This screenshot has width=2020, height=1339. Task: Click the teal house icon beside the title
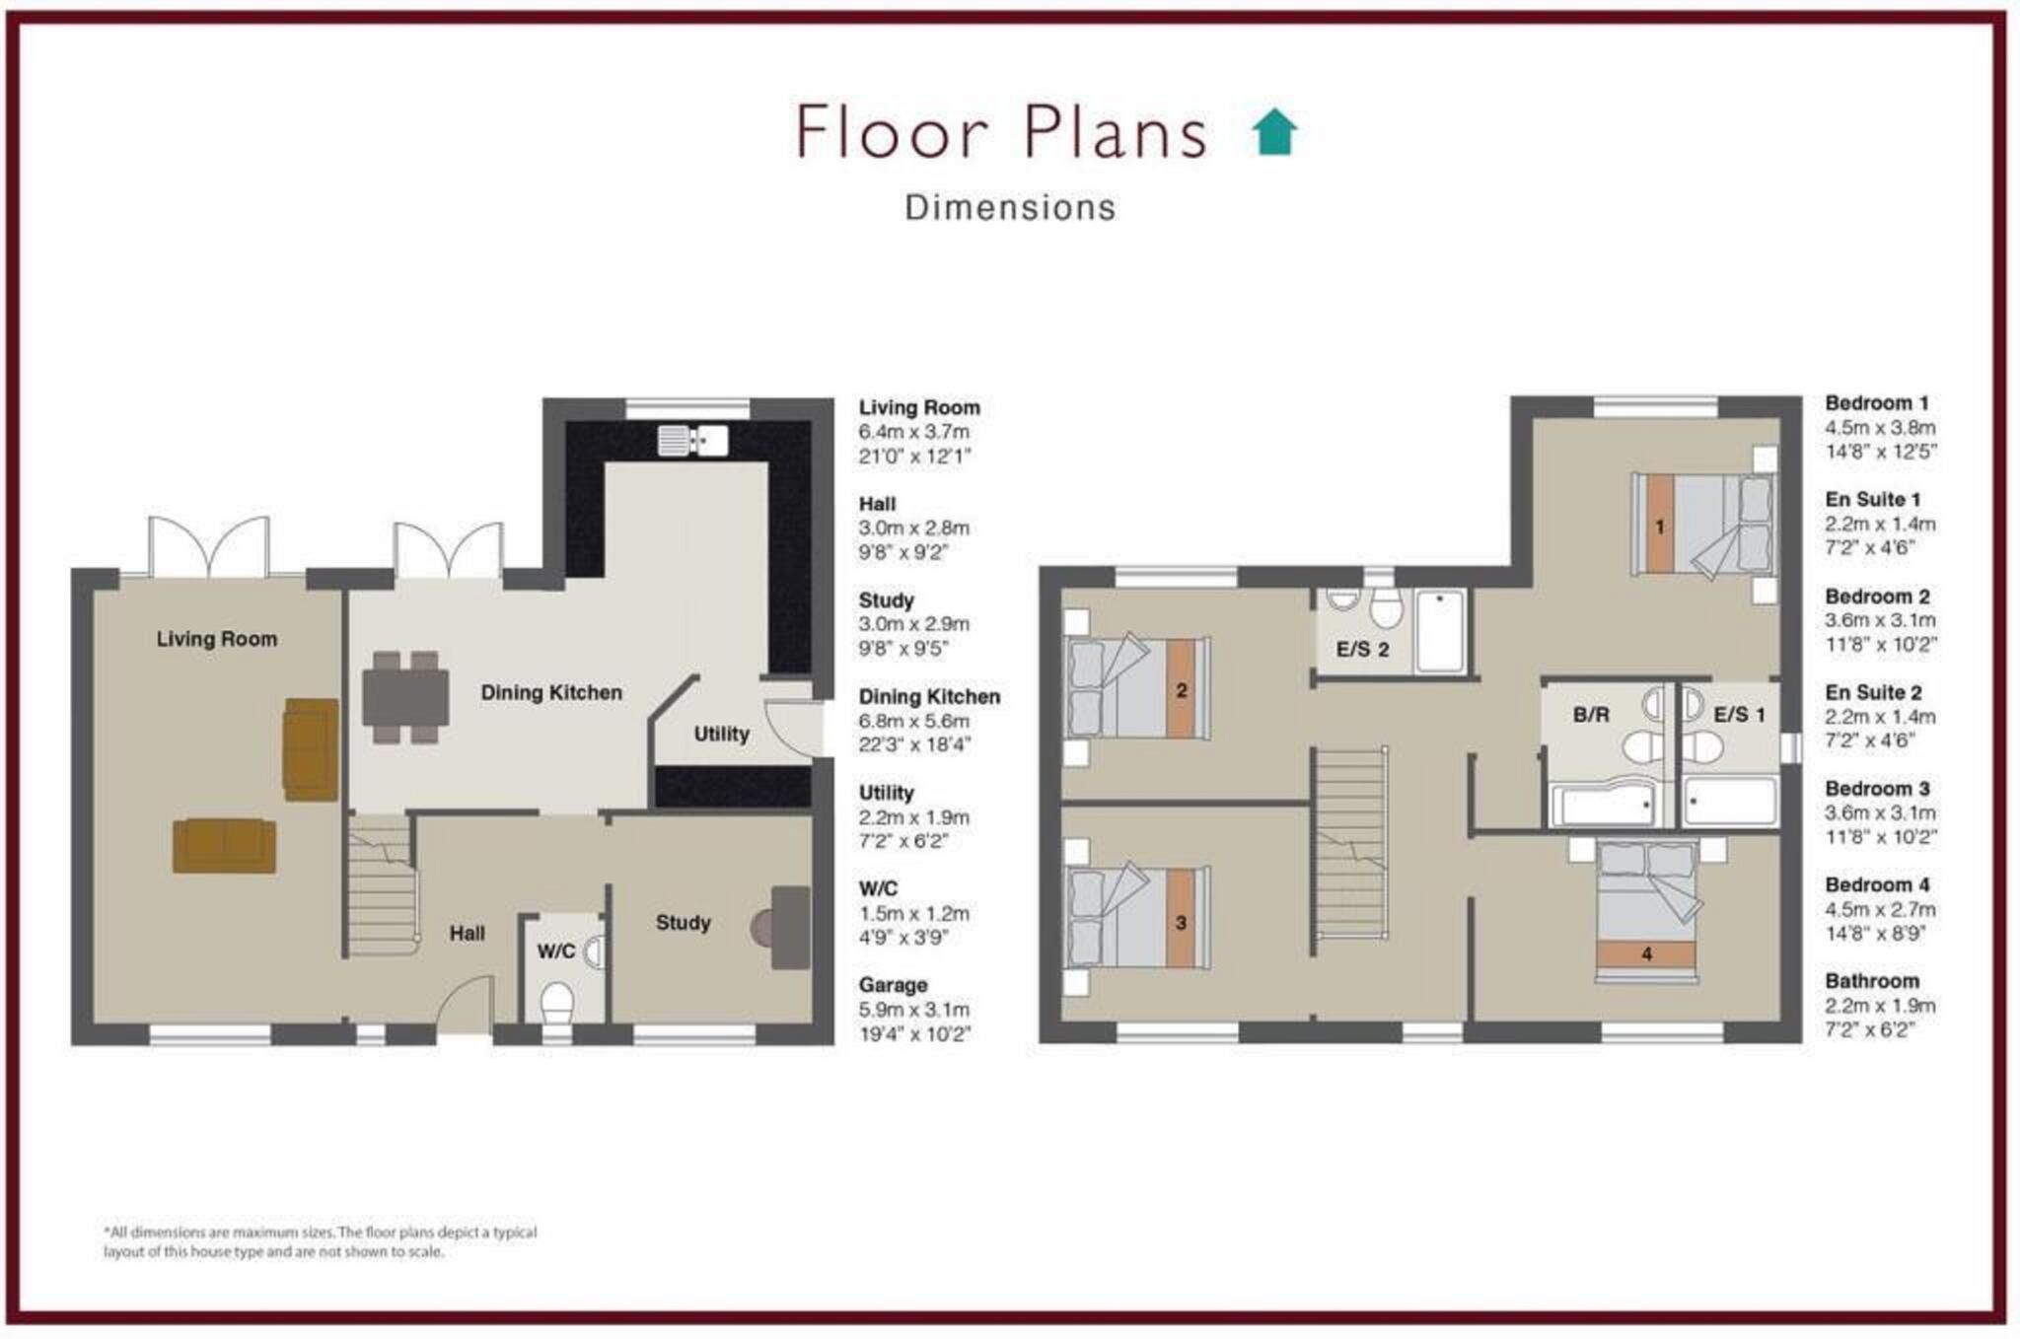click(1274, 131)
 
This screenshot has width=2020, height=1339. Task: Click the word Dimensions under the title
click(1010, 208)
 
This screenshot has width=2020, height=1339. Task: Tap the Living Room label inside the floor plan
click(217, 639)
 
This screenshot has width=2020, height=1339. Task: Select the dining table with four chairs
click(405, 697)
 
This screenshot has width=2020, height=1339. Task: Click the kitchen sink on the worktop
click(693, 440)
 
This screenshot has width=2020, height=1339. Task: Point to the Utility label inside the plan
click(721, 734)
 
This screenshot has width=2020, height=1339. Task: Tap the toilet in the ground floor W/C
click(558, 1001)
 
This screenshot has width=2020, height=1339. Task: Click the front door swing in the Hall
click(464, 1004)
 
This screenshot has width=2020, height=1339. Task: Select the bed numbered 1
click(1703, 525)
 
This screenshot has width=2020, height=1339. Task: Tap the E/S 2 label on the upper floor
click(1362, 650)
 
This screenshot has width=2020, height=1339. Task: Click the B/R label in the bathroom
click(1591, 715)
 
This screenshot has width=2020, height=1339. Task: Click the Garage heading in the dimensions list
click(893, 985)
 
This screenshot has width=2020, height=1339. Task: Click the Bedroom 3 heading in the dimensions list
click(1877, 789)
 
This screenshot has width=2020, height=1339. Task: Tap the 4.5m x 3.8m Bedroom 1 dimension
click(1880, 428)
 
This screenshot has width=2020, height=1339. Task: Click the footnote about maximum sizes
click(321, 1242)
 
